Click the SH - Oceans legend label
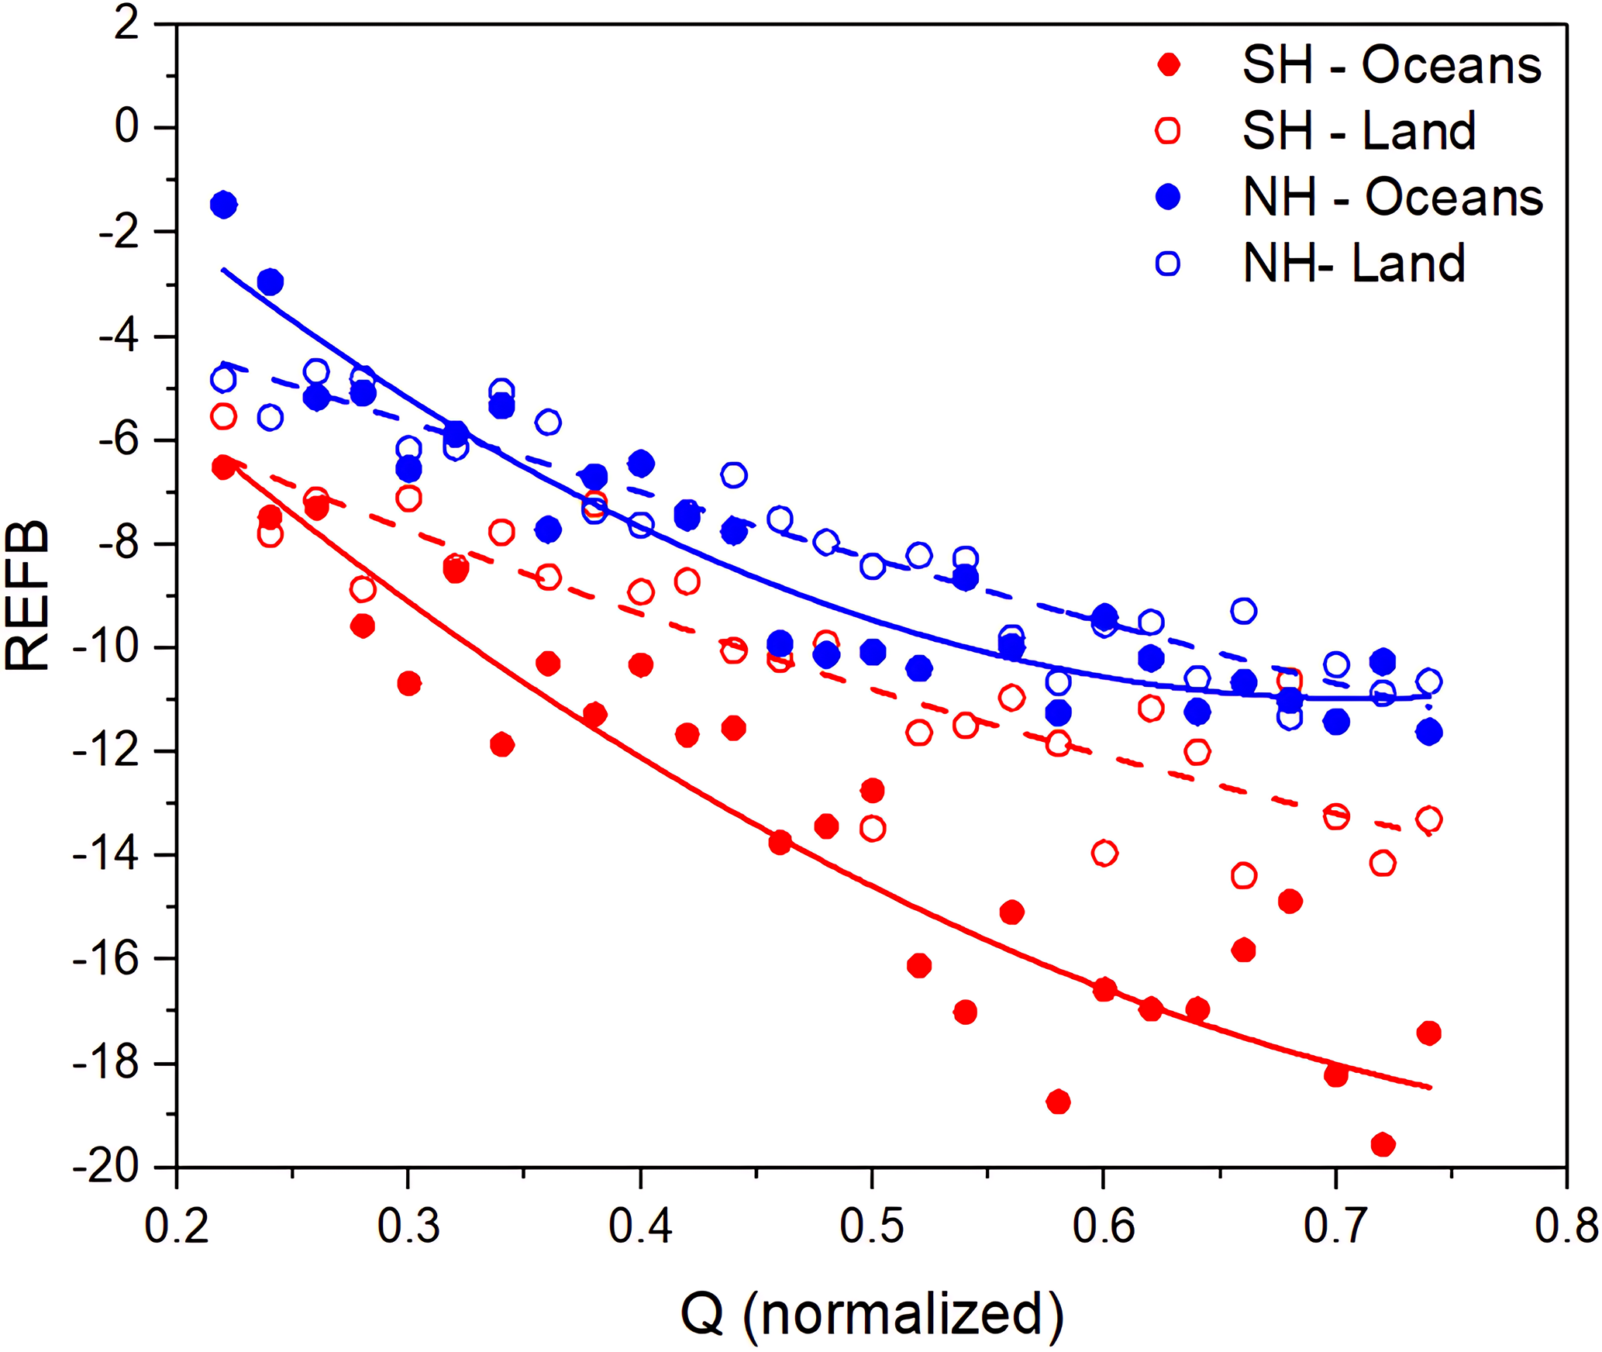[1391, 66]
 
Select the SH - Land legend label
[1359, 131]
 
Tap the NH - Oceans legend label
[1393, 198]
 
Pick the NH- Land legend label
[1354, 264]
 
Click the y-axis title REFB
[27, 595]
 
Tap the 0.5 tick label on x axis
[872, 1227]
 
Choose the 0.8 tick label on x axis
[1566, 1227]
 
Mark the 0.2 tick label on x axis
[177, 1227]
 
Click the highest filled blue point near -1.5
[223, 205]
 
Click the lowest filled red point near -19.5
[1383, 1144]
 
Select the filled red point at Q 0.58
[1058, 1102]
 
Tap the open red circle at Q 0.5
[873, 829]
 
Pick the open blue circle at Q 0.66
[1243, 611]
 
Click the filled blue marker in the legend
[1167, 198]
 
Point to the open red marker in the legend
[1167, 131]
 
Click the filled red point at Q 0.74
[1428, 1033]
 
